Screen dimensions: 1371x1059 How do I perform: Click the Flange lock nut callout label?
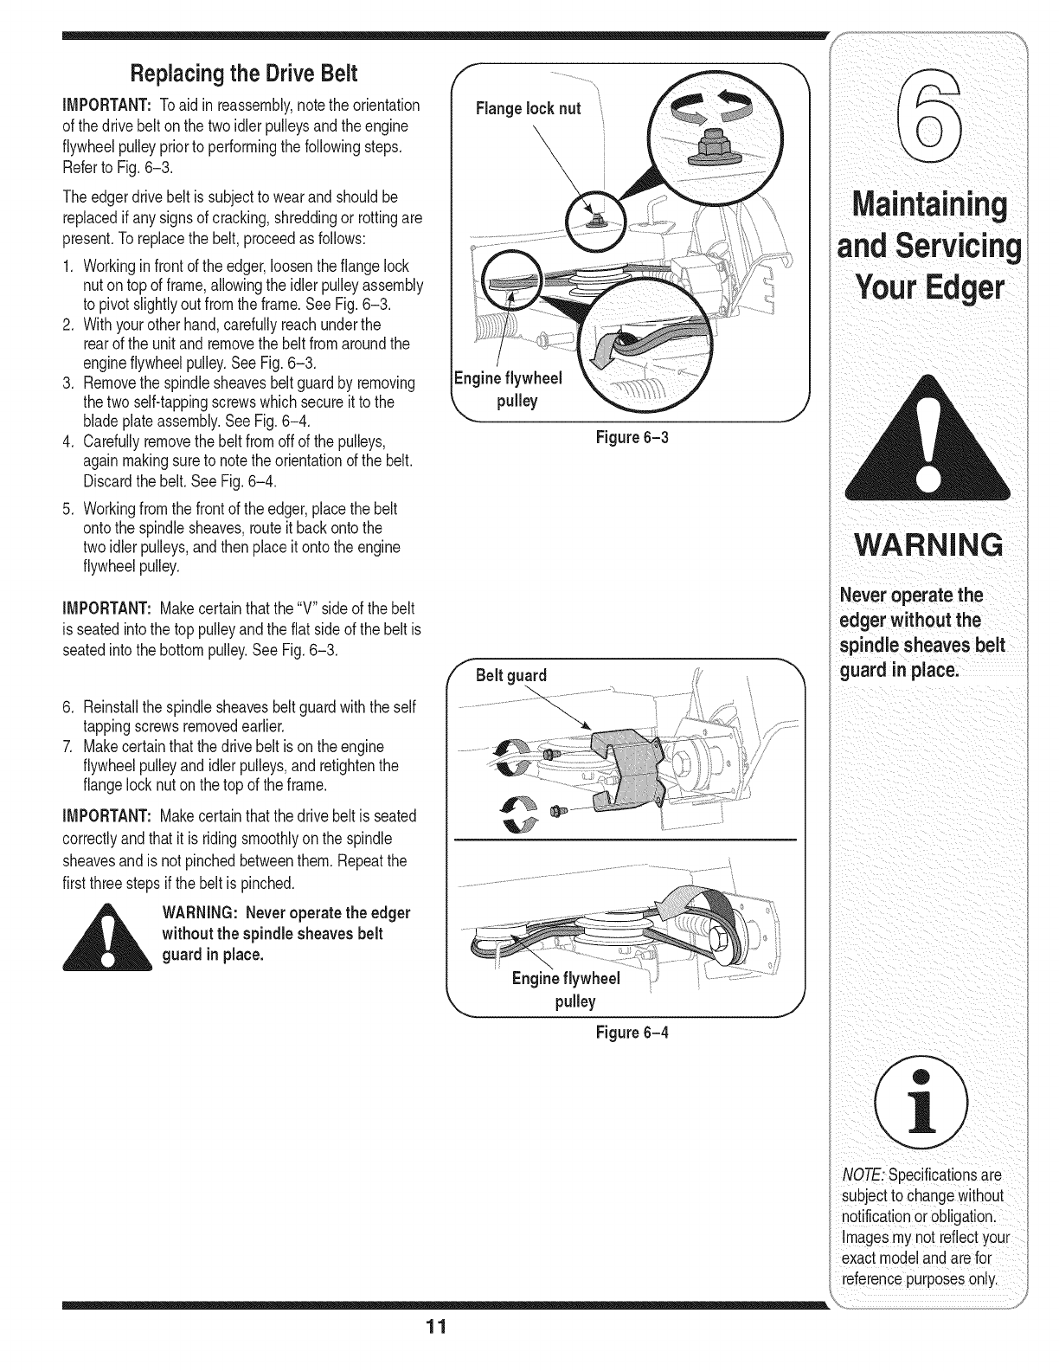[529, 109]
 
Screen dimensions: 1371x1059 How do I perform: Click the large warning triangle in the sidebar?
[920, 442]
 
